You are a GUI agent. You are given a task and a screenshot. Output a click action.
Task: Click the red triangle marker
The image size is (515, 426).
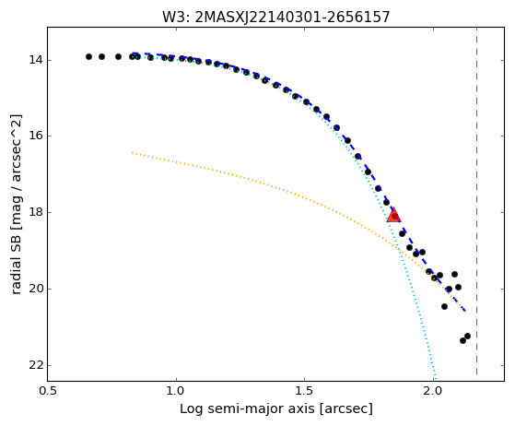pyautogui.click(x=393, y=215)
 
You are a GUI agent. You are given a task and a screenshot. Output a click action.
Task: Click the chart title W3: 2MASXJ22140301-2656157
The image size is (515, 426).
pyautogui.click(x=275, y=17)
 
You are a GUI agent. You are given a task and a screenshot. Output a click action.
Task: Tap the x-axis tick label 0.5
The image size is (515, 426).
pyautogui.click(x=48, y=391)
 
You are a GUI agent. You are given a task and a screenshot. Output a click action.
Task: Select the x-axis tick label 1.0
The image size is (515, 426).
pyautogui.click(x=176, y=391)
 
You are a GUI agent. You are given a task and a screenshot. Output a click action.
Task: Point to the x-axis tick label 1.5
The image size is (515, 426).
pyautogui.click(x=304, y=391)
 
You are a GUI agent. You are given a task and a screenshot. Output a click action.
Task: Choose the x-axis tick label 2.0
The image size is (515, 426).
pyautogui.click(x=433, y=391)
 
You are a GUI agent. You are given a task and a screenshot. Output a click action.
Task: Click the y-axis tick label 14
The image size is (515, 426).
pyautogui.click(x=36, y=60)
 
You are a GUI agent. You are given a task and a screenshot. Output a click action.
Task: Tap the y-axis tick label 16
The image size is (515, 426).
pyautogui.click(x=36, y=136)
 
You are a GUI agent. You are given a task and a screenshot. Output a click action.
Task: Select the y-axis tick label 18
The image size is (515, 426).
pyautogui.click(x=36, y=212)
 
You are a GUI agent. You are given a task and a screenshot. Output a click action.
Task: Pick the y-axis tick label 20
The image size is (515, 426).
pyautogui.click(x=36, y=289)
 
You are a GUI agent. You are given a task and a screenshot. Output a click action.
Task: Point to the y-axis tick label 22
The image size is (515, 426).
pyautogui.click(x=36, y=365)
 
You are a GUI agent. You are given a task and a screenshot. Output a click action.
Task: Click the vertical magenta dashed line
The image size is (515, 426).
pyautogui.click(x=476, y=201)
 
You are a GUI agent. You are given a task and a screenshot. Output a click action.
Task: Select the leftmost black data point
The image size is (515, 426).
pyautogui.click(x=88, y=56)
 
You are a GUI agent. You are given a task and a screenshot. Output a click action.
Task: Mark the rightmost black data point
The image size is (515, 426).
pyautogui.click(x=467, y=336)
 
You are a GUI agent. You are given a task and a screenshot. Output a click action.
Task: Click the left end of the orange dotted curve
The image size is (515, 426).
pyautogui.click(x=132, y=152)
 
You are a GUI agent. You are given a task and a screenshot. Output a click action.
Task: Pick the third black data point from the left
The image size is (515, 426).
pyautogui.click(x=118, y=56)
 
